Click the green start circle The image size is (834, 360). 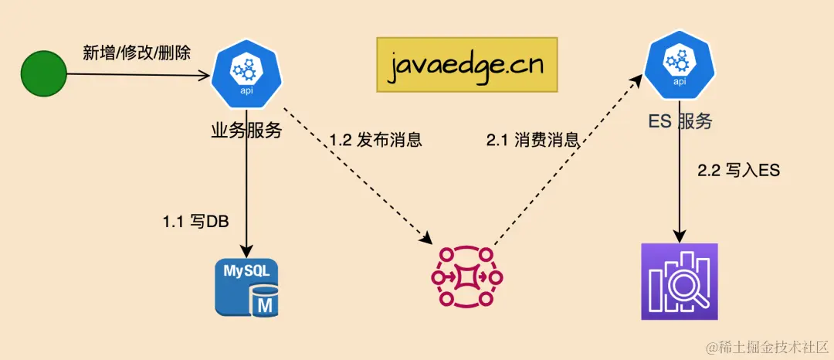(x=44, y=75)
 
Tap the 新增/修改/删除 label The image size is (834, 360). (x=137, y=53)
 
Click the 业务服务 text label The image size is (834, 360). (x=246, y=129)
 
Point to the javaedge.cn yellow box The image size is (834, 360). (x=466, y=64)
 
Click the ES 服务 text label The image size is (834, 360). (x=680, y=121)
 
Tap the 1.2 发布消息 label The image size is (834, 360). (x=375, y=141)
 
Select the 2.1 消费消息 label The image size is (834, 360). (x=533, y=141)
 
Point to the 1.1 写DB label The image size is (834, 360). (x=195, y=222)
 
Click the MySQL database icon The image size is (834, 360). (x=247, y=287)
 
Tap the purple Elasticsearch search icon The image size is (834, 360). (x=680, y=281)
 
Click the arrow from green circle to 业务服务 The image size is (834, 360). (x=139, y=75)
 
